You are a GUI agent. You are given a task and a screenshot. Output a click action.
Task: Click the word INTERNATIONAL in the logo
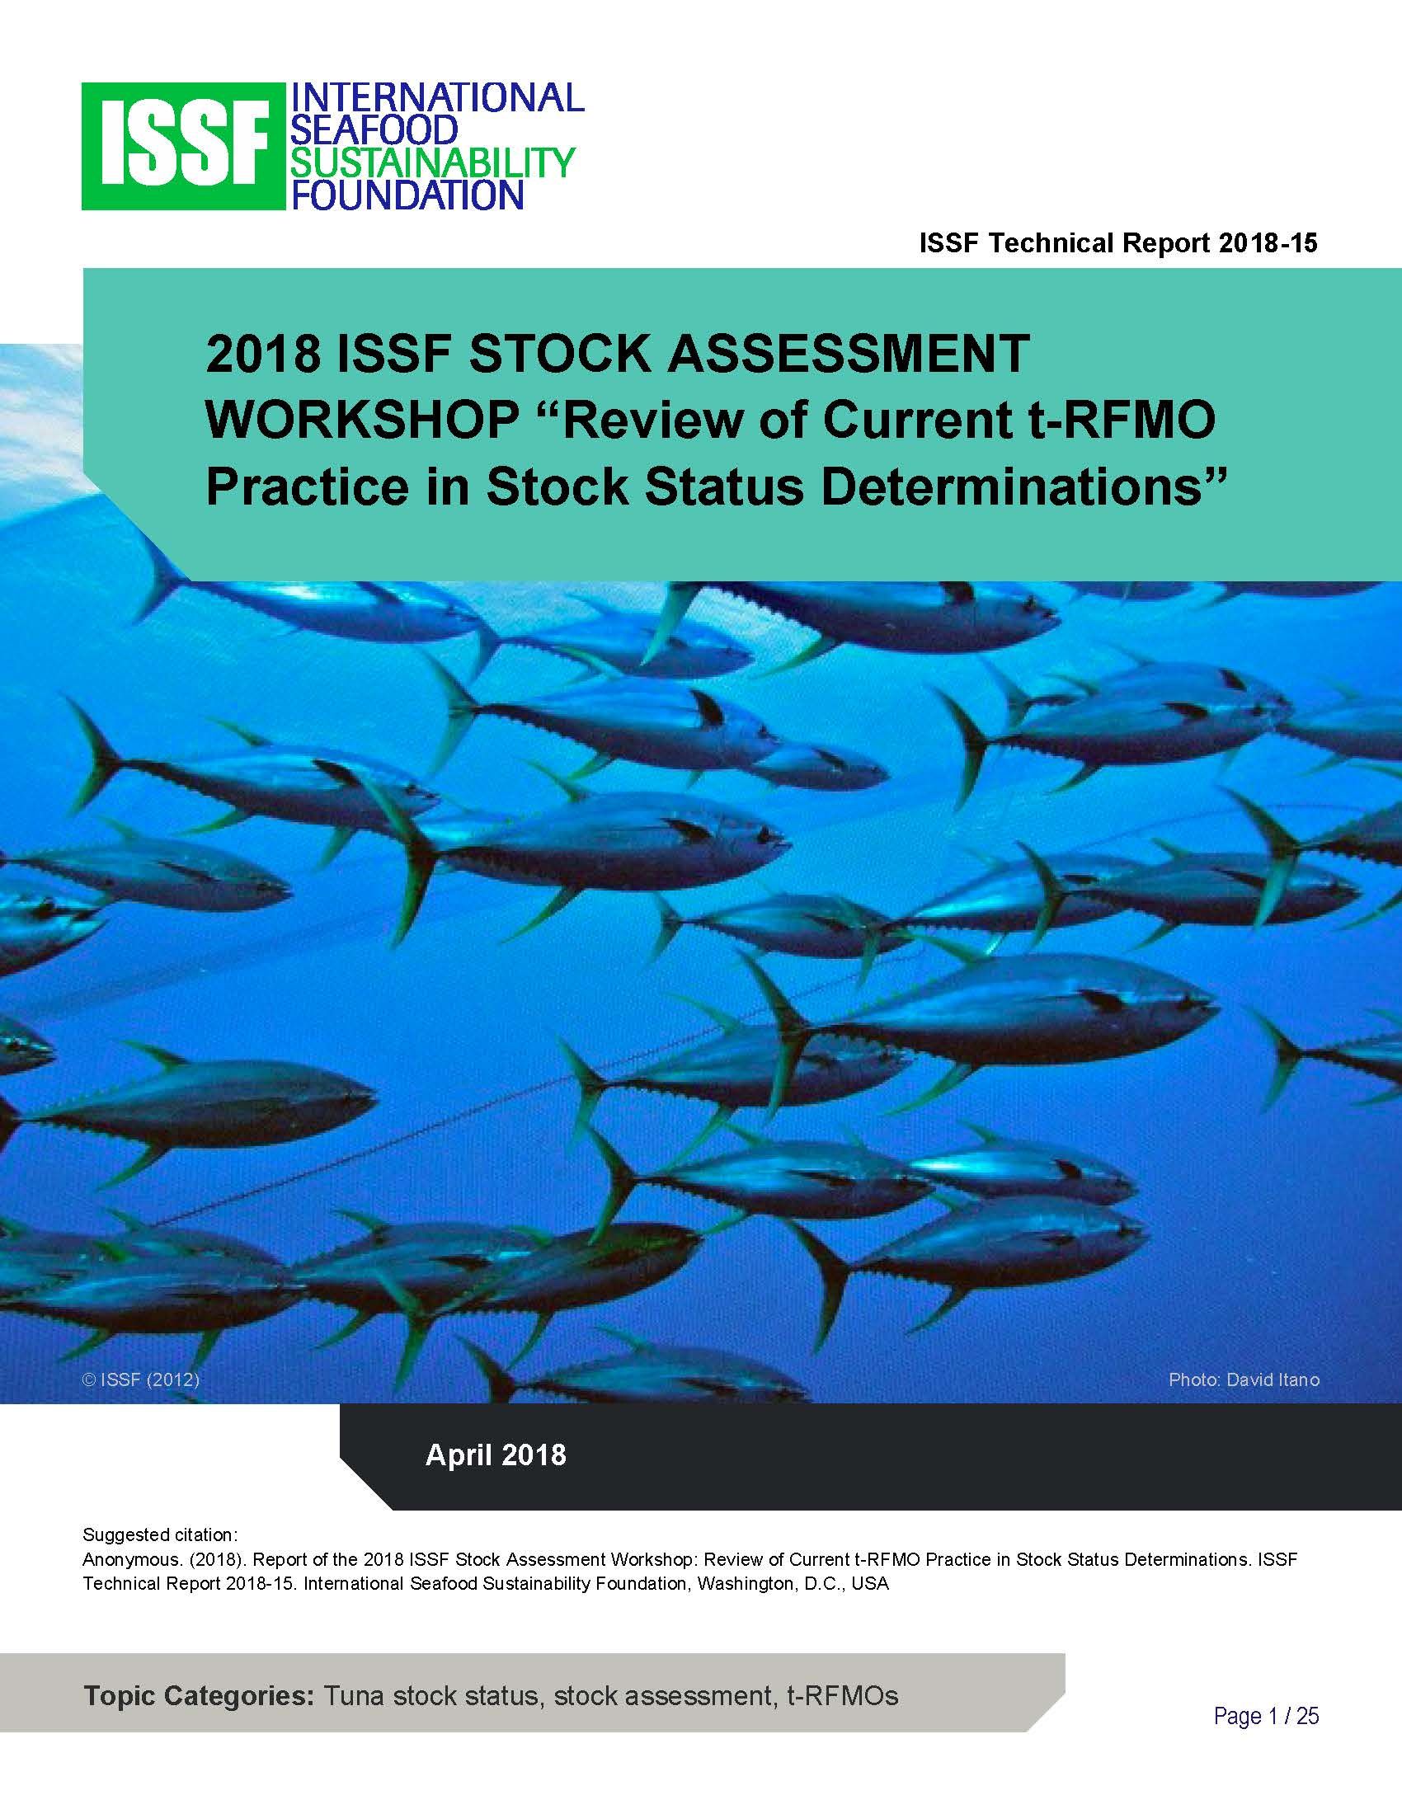coord(435,98)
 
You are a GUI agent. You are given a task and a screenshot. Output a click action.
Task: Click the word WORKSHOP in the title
coord(361,422)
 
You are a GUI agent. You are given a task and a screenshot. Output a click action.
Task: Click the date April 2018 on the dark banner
coord(496,1455)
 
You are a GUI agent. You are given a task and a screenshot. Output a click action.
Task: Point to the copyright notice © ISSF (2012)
coord(141,1380)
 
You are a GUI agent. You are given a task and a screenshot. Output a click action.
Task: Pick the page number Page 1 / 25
coord(1267,1716)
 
